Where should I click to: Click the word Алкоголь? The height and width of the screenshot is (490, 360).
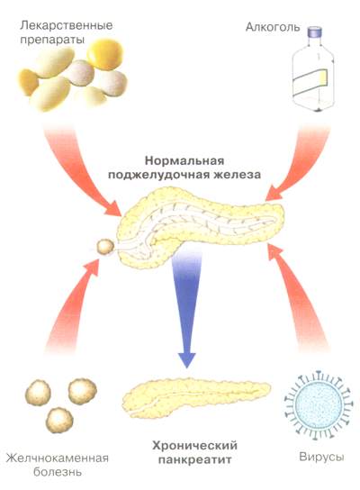pyautogui.click(x=273, y=27)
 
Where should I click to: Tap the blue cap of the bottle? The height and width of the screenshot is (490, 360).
pyautogui.click(x=315, y=32)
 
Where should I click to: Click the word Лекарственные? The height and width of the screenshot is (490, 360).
pyautogui.click(x=67, y=25)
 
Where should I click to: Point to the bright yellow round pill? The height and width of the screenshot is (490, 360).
pyautogui.click(x=105, y=55)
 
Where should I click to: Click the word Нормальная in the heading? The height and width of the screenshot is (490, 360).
pyautogui.click(x=184, y=161)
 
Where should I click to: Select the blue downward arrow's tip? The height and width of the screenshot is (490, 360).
pyautogui.click(x=186, y=367)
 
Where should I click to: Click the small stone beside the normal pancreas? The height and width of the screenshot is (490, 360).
pyautogui.click(x=105, y=247)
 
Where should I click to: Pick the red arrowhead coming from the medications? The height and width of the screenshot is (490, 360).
pyautogui.click(x=113, y=208)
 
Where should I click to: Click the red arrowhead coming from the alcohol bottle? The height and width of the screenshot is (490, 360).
pyautogui.click(x=274, y=193)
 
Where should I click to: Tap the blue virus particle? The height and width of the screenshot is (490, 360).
pyautogui.click(x=319, y=404)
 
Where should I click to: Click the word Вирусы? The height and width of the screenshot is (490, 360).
pyautogui.click(x=321, y=457)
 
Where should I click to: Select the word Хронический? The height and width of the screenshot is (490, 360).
pyautogui.click(x=194, y=445)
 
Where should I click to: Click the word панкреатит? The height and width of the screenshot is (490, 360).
pyautogui.click(x=194, y=459)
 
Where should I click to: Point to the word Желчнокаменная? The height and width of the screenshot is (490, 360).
pyautogui.click(x=58, y=458)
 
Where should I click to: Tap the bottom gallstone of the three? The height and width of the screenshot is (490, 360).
pyautogui.click(x=59, y=420)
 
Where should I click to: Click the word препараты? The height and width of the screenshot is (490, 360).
pyautogui.click(x=52, y=41)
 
